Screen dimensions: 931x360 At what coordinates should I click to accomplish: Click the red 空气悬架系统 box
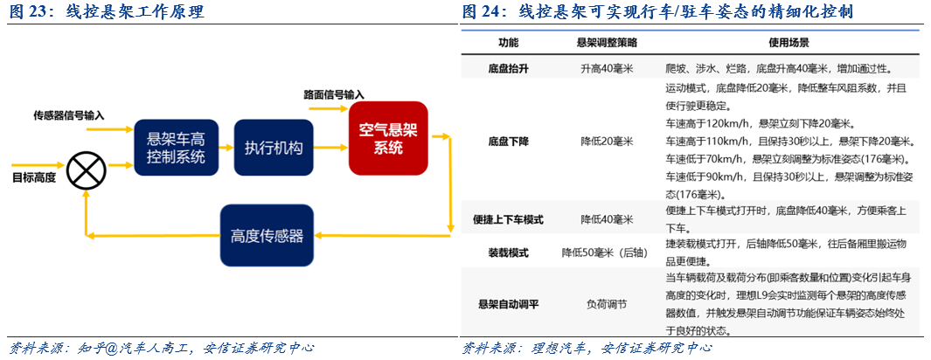click(x=388, y=139)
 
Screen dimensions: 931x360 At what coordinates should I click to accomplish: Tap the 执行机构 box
click(x=274, y=148)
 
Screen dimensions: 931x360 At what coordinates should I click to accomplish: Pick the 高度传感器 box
click(x=267, y=235)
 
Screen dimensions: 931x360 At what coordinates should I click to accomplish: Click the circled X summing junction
click(x=86, y=170)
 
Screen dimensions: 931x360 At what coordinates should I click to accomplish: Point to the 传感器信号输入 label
click(x=69, y=114)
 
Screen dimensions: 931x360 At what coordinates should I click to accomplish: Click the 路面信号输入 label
click(x=334, y=94)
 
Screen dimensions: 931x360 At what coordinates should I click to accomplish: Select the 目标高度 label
click(x=33, y=178)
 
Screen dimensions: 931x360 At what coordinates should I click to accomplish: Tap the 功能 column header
click(x=508, y=43)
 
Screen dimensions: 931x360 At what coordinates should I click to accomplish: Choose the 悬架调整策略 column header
click(x=608, y=43)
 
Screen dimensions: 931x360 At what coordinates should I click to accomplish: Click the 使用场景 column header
click(x=789, y=43)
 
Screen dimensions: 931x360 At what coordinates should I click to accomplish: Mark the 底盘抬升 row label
click(x=508, y=68)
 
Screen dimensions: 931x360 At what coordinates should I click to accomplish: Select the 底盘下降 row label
click(x=508, y=141)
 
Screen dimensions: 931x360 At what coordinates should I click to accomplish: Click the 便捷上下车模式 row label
click(x=508, y=219)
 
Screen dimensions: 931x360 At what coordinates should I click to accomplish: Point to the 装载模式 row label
click(x=508, y=253)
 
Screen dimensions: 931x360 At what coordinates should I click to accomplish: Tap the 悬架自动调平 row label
click(x=508, y=304)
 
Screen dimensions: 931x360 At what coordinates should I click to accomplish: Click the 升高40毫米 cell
click(x=608, y=68)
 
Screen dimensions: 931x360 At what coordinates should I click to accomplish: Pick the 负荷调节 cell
click(x=608, y=304)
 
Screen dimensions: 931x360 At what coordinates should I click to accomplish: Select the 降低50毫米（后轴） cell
click(x=608, y=253)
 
